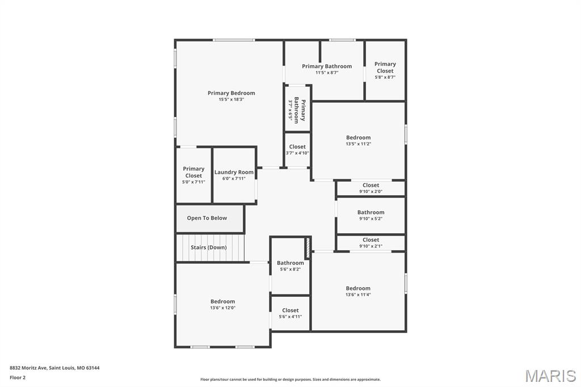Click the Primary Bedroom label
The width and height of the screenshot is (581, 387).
tap(231, 93)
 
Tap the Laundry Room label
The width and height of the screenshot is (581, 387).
tap(234, 172)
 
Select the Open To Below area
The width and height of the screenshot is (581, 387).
tap(207, 218)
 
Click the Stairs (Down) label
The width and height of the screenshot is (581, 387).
tap(208, 247)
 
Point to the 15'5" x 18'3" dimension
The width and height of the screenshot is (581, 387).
tap(231, 100)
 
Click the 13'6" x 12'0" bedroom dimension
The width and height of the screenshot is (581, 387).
tap(222, 308)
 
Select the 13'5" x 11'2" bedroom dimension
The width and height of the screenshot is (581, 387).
tap(358, 144)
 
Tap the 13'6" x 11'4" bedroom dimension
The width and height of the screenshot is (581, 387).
tap(358, 295)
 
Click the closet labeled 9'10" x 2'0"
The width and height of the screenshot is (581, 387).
tap(371, 188)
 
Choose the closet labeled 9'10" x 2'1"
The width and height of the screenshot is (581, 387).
tap(371, 243)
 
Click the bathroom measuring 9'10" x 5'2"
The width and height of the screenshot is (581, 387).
tap(371, 215)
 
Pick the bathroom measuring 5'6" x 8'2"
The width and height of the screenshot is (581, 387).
tap(290, 266)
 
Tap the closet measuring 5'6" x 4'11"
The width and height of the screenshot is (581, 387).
tap(290, 313)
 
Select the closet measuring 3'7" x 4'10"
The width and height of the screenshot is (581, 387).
tap(297, 149)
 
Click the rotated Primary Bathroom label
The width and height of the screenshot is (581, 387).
tap(300, 111)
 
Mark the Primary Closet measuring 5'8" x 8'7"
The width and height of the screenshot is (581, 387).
tap(385, 70)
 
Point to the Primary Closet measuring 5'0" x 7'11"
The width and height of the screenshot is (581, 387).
tap(193, 175)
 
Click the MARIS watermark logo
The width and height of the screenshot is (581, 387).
tap(550, 376)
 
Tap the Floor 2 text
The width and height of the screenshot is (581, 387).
tap(18, 377)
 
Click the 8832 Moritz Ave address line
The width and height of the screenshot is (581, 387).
tap(54, 368)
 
